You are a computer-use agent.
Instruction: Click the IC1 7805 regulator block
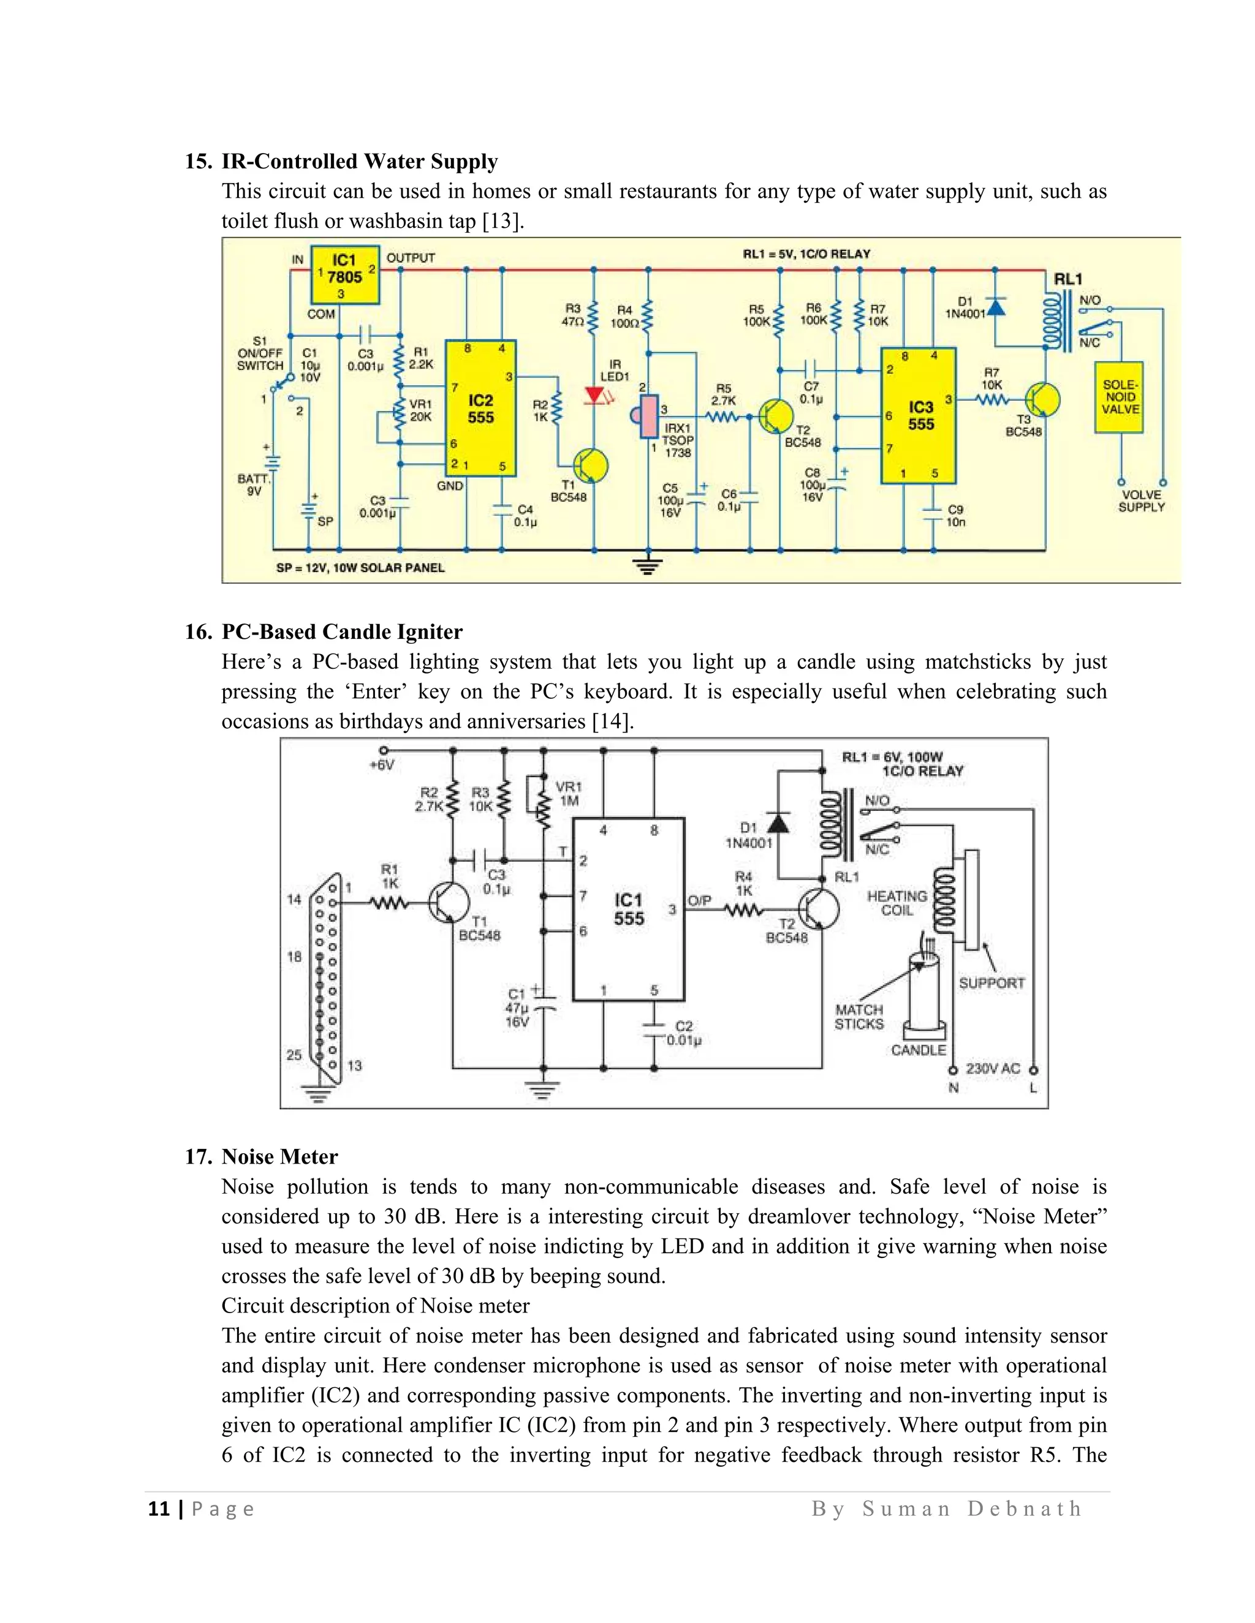[344, 275]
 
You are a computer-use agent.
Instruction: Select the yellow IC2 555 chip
[480, 409]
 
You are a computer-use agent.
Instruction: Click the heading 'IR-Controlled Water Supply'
[359, 161]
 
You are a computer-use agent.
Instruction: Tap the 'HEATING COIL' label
[897, 903]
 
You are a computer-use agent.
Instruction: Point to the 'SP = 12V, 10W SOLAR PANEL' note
[360, 568]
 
